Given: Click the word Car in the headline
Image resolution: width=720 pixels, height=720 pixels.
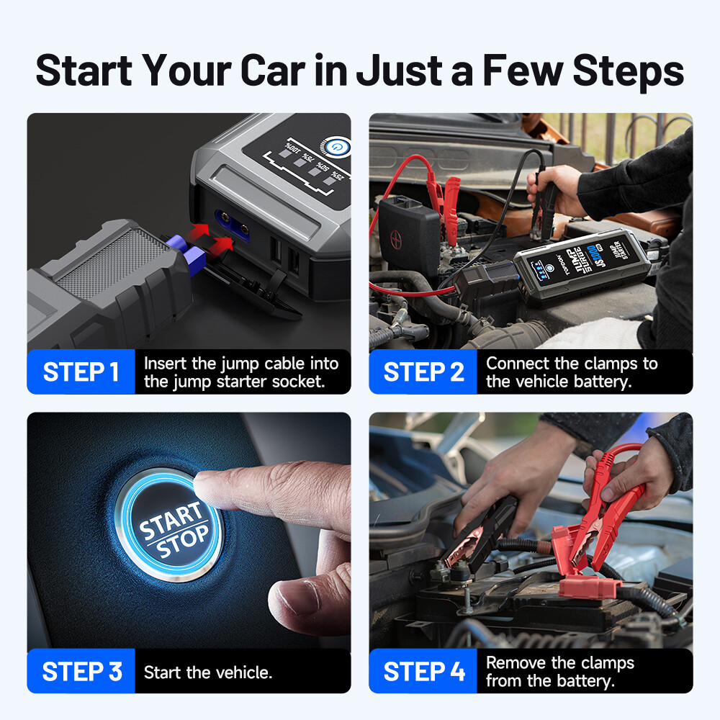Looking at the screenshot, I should (x=271, y=70).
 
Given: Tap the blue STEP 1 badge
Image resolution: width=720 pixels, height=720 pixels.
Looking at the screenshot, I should (x=81, y=372).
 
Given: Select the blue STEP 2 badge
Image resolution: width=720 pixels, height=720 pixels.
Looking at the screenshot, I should (x=423, y=372).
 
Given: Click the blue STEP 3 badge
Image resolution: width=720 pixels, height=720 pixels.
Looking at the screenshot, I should (x=82, y=672).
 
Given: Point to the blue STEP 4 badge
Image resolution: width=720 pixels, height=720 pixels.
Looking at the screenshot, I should (x=424, y=672).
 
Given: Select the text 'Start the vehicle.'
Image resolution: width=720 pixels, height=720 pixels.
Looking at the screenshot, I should (x=208, y=672).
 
